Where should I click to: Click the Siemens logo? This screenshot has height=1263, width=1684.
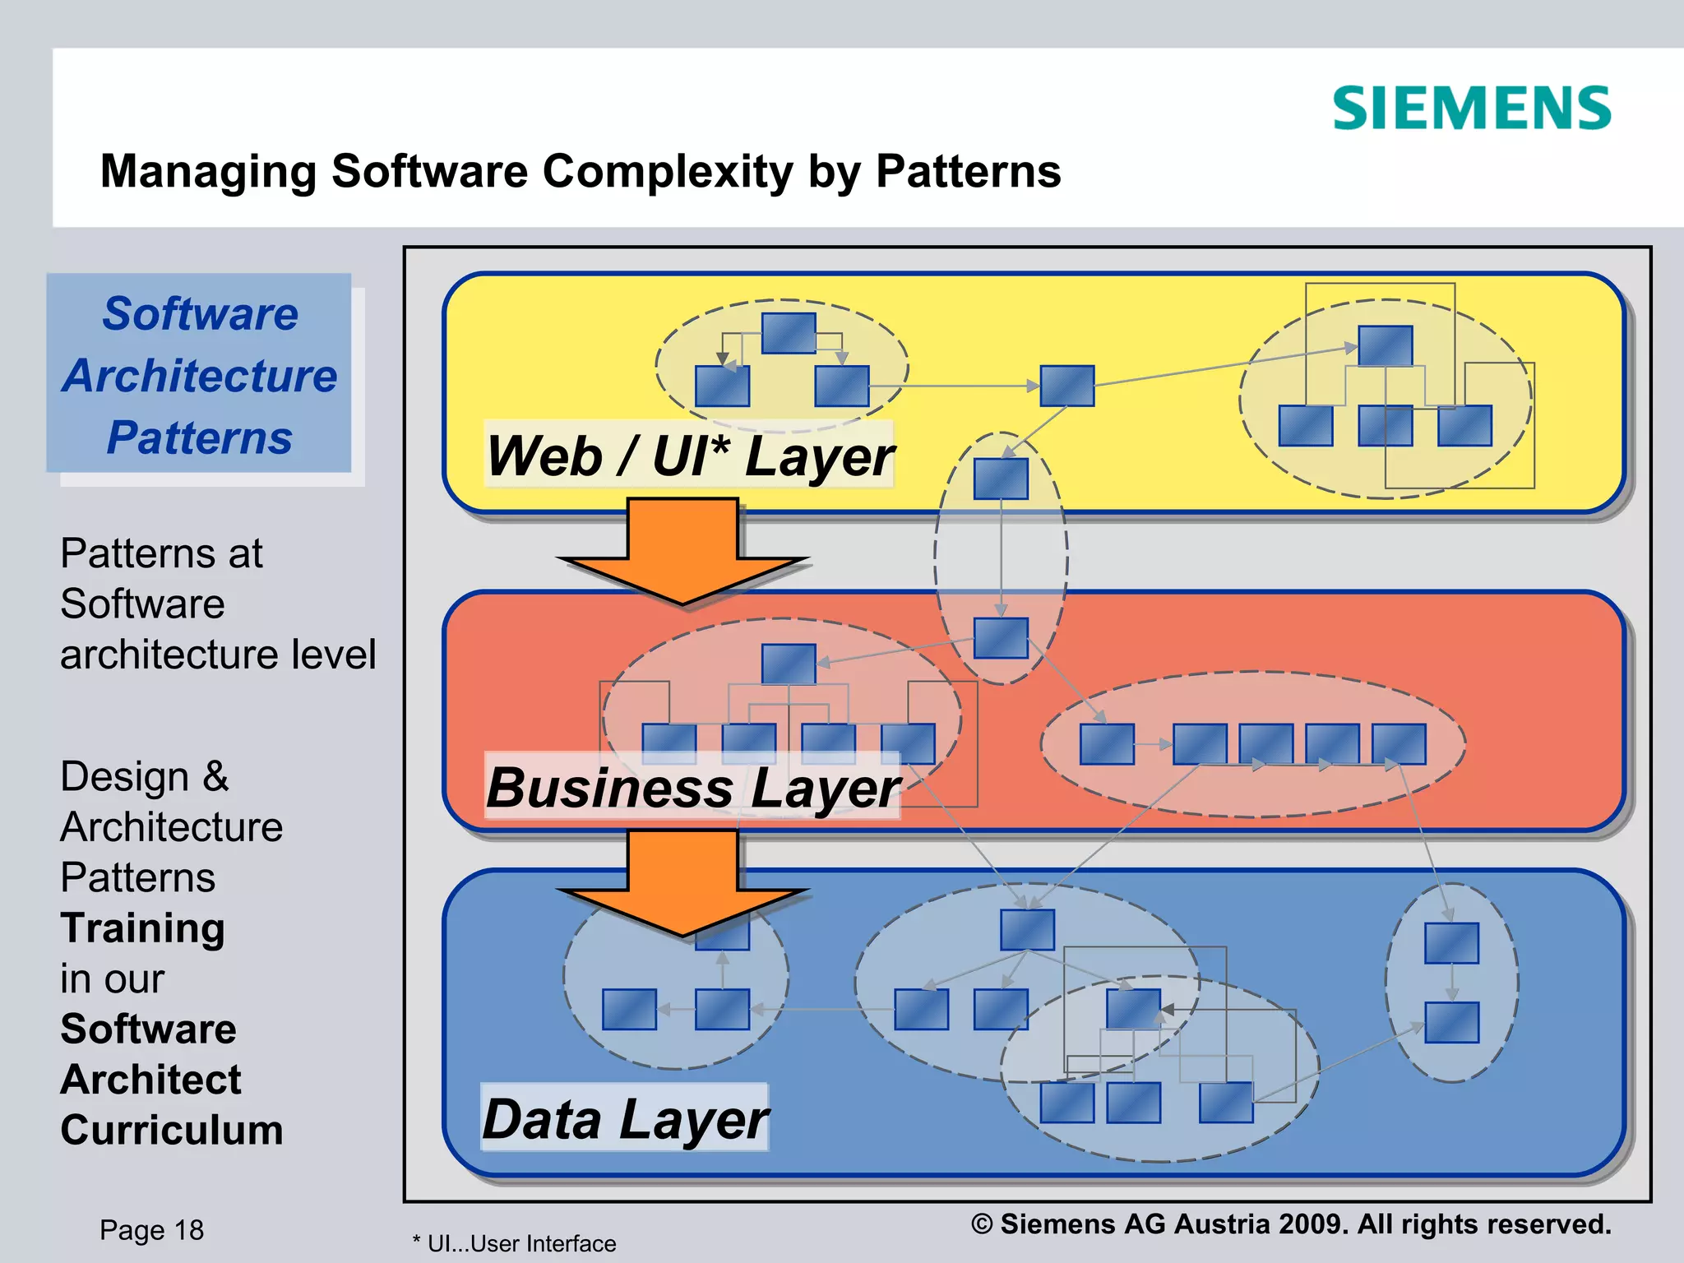point(1471,109)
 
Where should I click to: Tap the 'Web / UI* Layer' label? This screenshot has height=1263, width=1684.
point(689,456)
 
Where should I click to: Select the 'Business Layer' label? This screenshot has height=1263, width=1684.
point(692,787)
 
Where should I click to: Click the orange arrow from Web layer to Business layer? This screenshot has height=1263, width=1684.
point(682,551)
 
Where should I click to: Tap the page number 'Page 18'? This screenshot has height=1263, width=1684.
point(151,1230)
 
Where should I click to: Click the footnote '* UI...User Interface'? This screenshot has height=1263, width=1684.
point(515,1243)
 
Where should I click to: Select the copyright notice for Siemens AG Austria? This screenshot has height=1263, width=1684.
point(1290,1224)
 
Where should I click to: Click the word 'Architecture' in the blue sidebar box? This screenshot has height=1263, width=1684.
point(200,376)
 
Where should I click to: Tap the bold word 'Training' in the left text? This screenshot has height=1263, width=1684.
point(142,928)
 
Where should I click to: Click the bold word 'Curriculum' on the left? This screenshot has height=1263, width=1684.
point(172,1130)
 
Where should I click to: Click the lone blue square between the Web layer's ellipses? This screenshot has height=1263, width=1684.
point(1066,386)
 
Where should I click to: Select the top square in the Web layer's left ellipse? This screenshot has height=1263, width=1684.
point(789,333)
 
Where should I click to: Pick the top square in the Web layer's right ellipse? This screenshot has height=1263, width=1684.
point(1385,346)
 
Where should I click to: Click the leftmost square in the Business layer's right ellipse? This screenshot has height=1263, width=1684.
point(1107,744)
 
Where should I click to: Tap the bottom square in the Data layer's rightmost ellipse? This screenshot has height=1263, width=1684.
point(1451,1022)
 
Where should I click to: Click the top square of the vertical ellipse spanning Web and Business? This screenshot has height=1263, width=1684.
point(1001,479)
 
